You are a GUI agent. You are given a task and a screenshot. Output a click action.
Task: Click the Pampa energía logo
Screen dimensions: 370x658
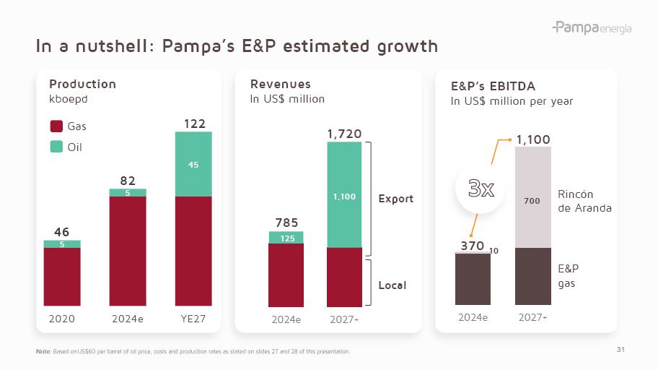pyautogui.click(x=592, y=28)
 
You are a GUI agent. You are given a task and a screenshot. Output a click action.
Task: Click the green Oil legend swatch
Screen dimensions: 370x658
pyautogui.click(x=56, y=147)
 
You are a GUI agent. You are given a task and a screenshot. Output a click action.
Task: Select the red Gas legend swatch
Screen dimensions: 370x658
pyautogui.click(x=56, y=126)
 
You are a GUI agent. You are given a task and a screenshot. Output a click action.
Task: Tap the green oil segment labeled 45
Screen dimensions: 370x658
pyautogui.click(x=193, y=164)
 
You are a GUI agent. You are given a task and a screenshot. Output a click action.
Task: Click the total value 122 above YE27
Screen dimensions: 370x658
pyautogui.click(x=194, y=124)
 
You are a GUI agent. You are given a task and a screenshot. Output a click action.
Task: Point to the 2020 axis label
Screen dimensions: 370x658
pyautogui.click(x=61, y=318)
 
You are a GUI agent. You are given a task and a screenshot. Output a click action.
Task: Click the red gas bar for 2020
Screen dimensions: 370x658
pyautogui.click(x=62, y=277)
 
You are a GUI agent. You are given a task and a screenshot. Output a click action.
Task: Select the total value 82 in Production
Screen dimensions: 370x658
pyautogui.click(x=128, y=181)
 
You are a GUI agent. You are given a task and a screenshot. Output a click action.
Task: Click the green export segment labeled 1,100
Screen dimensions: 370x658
pyautogui.click(x=344, y=195)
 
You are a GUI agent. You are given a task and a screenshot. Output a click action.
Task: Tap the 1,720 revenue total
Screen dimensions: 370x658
pyautogui.click(x=344, y=134)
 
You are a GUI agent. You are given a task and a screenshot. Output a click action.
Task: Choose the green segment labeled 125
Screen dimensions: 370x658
pyautogui.click(x=286, y=238)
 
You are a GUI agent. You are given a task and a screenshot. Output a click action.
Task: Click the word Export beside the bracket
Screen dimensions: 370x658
pyautogui.click(x=396, y=199)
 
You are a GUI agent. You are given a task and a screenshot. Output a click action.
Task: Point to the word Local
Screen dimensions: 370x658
pyautogui.click(x=392, y=285)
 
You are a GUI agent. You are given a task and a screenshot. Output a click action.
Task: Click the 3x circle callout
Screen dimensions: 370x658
pyautogui.click(x=481, y=189)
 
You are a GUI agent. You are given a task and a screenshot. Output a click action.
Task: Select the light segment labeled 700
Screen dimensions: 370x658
pyautogui.click(x=532, y=201)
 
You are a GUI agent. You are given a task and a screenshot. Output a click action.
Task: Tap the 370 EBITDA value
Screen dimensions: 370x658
pyautogui.click(x=473, y=246)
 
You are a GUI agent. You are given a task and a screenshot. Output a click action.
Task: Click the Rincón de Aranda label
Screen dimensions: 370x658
pyautogui.click(x=584, y=201)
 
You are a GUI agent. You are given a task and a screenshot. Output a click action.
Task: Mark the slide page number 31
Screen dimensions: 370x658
pyautogui.click(x=620, y=350)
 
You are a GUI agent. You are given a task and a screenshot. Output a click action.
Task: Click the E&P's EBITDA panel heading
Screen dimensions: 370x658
pyautogui.click(x=493, y=86)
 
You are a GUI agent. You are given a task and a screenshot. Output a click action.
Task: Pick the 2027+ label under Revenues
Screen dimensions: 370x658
pyautogui.click(x=344, y=319)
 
